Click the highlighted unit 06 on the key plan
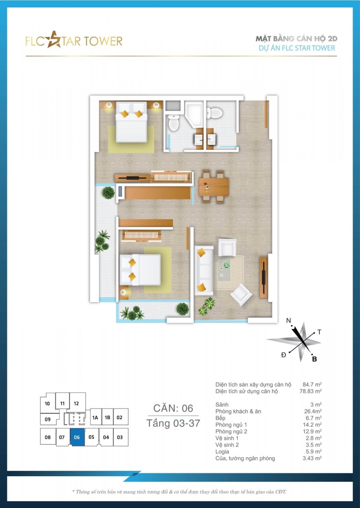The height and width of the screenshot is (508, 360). click(x=77, y=437)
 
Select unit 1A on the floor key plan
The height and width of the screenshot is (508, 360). click(x=95, y=417)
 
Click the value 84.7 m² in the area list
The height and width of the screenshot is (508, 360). click(x=312, y=384)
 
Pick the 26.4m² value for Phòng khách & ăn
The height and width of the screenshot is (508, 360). click(x=313, y=411)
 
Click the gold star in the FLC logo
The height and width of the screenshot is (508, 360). click(x=54, y=40)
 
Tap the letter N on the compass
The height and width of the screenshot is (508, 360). click(x=289, y=320)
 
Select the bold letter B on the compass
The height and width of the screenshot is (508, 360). click(x=314, y=359)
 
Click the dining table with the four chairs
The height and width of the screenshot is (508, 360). click(x=214, y=186)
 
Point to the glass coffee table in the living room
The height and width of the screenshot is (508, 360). click(x=224, y=270)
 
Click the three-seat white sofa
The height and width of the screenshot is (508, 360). click(x=204, y=271)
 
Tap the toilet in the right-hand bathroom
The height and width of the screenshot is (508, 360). click(x=214, y=113)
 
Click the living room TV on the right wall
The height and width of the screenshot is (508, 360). click(x=264, y=277)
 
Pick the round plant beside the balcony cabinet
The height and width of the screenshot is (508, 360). click(x=108, y=193)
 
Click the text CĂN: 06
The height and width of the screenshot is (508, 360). click(x=173, y=408)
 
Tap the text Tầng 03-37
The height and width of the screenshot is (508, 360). click(x=173, y=423)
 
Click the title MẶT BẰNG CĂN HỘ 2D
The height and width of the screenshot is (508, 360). click(x=297, y=39)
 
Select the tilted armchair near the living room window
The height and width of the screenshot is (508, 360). click(x=241, y=294)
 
